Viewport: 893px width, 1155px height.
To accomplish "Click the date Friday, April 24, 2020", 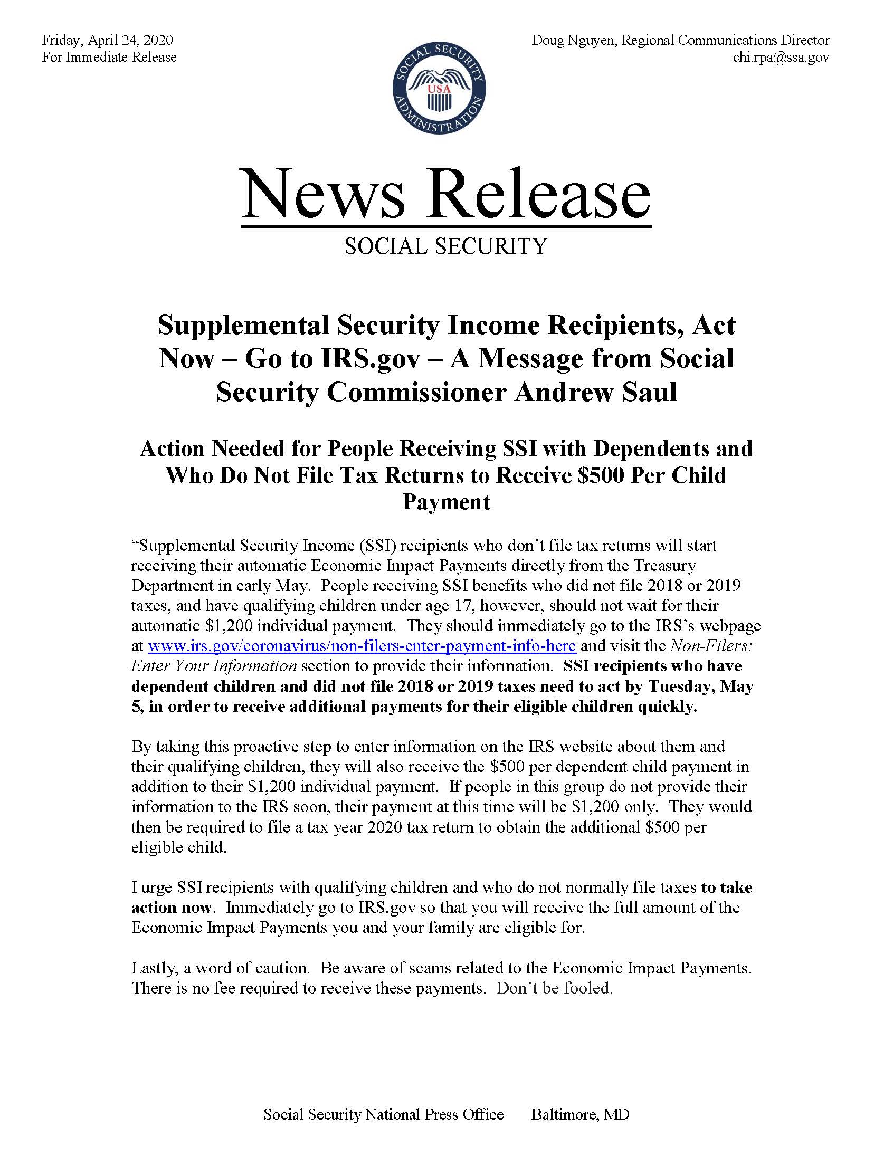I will (x=107, y=41).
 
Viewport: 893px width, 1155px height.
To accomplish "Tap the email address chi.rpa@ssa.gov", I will (x=780, y=57).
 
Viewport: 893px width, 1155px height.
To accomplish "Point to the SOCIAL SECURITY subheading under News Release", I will (x=445, y=246).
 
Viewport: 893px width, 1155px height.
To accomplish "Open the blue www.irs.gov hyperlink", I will (x=362, y=646).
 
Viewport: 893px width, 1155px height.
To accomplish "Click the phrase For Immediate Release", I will (x=109, y=57).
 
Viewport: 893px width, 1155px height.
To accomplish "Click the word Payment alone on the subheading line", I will (x=446, y=501).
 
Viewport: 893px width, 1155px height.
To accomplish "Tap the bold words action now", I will (x=172, y=908).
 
